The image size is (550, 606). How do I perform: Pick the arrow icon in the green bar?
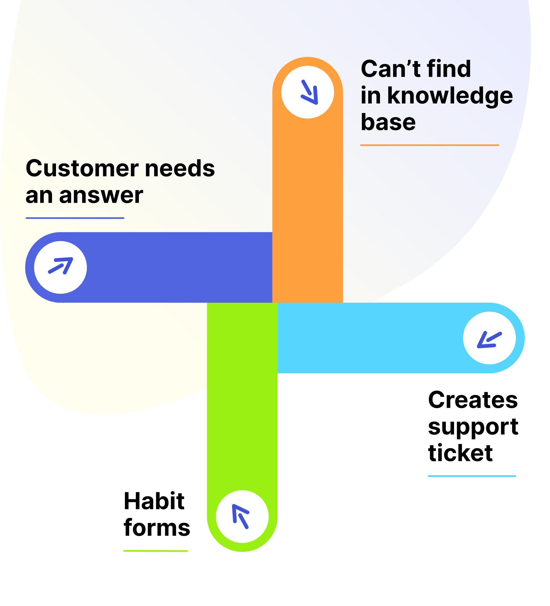pos(241,517)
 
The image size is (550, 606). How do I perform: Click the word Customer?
pos(82,168)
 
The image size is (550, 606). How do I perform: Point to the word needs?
pos(180,168)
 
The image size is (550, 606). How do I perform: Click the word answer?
pos(101,195)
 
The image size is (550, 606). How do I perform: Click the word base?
pos(388,122)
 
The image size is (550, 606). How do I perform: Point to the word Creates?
pos(473,400)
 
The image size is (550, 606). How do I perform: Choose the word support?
pos(473,427)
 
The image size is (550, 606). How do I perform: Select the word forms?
pos(157,528)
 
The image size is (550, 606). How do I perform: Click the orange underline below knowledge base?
pos(429,145)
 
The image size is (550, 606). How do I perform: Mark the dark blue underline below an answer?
pos(75,218)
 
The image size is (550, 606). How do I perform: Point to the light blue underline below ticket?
pos(472,476)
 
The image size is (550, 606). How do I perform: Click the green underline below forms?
pos(156,551)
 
